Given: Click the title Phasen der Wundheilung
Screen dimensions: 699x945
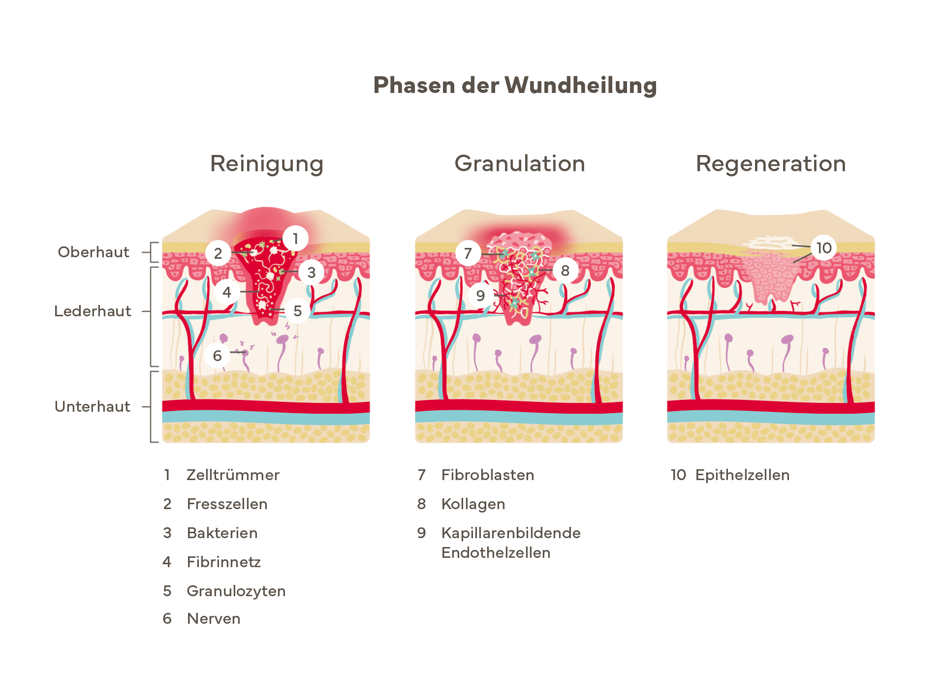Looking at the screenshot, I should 515,85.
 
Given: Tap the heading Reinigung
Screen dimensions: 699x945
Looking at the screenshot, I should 267,164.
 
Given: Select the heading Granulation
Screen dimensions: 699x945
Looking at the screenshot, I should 520,164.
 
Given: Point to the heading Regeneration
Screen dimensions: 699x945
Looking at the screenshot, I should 771,164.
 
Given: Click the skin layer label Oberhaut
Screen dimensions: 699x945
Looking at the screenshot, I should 94,252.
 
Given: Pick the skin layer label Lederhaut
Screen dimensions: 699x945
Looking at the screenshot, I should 93,311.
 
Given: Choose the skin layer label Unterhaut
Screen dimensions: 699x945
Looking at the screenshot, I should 93,406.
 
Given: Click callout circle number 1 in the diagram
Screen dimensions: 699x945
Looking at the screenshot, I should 295,239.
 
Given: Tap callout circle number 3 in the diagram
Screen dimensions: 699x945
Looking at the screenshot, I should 311,272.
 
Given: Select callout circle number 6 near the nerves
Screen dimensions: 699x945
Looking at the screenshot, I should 217,356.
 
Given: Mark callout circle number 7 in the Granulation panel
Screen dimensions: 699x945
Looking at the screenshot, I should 468,253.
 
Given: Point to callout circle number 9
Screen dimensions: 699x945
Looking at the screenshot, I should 481,296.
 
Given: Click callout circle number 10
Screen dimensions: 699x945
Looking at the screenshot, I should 824,248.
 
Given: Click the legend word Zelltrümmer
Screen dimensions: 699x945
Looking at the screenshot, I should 233,475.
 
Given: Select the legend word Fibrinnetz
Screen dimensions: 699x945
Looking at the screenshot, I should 224,562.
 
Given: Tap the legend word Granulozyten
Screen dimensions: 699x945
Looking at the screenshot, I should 236,591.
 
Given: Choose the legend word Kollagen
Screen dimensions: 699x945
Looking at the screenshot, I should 473,504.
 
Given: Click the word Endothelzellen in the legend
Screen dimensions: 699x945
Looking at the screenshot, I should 496,552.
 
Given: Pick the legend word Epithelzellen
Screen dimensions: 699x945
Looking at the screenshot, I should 742,475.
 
